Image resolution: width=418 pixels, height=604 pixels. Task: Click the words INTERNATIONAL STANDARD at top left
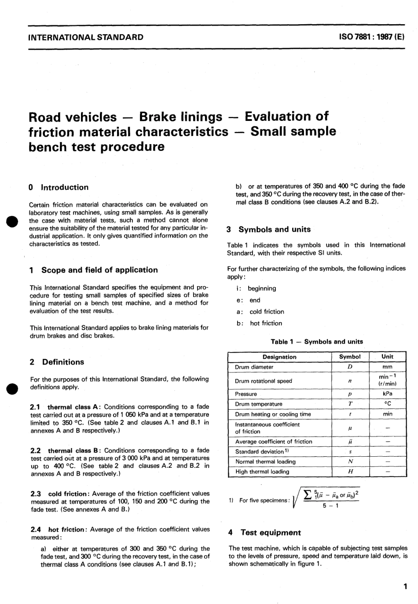pyautogui.click(x=85, y=37)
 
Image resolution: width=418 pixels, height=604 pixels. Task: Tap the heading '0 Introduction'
pyautogui.click(x=59, y=187)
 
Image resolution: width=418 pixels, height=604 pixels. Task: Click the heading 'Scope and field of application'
pyautogui.click(x=99, y=270)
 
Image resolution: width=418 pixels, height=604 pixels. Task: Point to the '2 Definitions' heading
pyautogui.click(x=57, y=362)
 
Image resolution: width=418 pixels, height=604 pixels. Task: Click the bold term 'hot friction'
pyautogui.click(x=66, y=529)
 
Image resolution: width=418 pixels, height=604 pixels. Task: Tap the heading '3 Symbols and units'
pyautogui.click(x=269, y=229)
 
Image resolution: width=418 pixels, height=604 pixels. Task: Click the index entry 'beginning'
pyautogui.click(x=262, y=288)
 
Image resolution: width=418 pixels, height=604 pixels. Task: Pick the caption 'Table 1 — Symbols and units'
pyautogui.click(x=317, y=342)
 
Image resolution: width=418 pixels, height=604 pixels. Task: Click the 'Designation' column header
pyautogui.click(x=279, y=357)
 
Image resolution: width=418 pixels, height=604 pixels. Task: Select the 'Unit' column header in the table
pyautogui.click(x=387, y=357)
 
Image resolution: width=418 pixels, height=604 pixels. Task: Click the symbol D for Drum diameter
pyautogui.click(x=350, y=367)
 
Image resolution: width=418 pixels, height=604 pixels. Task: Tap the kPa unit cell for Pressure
pyautogui.click(x=387, y=394)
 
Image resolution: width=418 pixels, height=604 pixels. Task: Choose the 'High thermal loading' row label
pyautogui.click(x=262, y=472)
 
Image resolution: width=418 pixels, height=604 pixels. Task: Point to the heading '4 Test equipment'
pyautogui.click(x=265, y=533)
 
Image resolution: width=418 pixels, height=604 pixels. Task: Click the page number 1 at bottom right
pyautogui.click(x=405, y=586)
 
